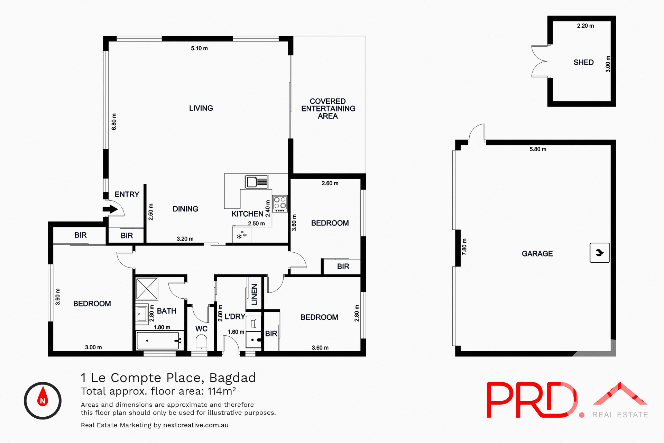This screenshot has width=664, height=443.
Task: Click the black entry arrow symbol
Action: tap(110, 209)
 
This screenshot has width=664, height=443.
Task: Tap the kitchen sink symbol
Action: tap(257, 182)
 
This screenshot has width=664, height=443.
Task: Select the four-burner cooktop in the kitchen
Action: tap(280, 204)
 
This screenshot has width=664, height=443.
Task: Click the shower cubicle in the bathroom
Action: tap(147, 288)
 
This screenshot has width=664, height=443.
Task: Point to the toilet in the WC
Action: tap(201, 343)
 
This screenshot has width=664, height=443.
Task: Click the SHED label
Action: tap(583, 62)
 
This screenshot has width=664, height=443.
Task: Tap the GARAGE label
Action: tap(537, 254)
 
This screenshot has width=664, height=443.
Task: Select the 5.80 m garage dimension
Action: tap(538, 149)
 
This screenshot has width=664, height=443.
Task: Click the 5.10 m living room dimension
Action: tap(199, 48)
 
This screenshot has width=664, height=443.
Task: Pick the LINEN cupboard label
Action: tap(255, 294)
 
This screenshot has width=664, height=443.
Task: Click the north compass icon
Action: tap(43, 400)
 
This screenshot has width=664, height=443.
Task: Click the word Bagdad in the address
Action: tap(232, 378)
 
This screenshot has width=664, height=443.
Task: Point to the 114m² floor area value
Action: tap(221, 391)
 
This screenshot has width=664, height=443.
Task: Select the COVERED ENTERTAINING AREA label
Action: tap(328, 109)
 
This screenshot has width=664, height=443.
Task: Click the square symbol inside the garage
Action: tap(599, 253)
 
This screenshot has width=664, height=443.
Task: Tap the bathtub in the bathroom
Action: tap(158, 341)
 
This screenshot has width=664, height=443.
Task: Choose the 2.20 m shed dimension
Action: tap(585, 26)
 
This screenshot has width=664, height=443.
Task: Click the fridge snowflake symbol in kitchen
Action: tap(241, 235)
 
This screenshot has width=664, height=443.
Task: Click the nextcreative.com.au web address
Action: tap(196, 425)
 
